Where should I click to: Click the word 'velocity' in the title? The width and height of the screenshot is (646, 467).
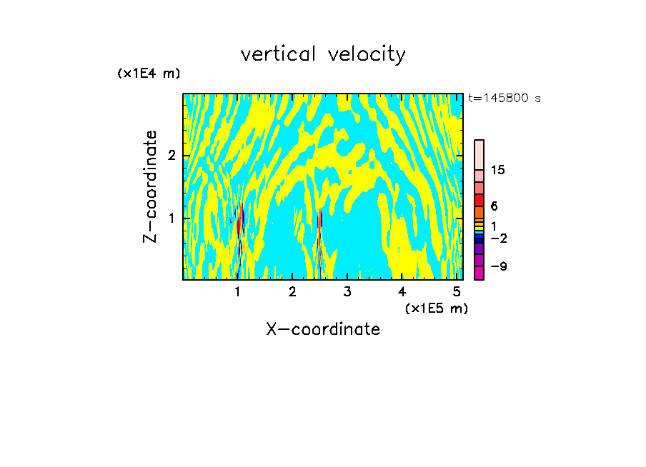pyautogui.click(x=367, y=54)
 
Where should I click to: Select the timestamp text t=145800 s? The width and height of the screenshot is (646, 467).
pyautogui.click(x=505, y=98)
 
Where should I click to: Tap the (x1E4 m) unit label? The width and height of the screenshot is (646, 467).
pyautogui.click(x=149, y=74)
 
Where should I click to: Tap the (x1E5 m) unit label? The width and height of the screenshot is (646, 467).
pyautogui.click(x=436, y=308)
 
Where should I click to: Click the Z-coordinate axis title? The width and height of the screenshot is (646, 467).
pyautogui.click(x=150, y=186)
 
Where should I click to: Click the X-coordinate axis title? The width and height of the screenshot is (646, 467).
pyautogui.click(x=323, y=329)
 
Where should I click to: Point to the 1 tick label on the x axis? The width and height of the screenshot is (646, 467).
pyautogui.click(x=237, y=291)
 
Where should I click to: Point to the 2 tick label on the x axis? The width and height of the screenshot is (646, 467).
pyautogui.click(x=292, y=291)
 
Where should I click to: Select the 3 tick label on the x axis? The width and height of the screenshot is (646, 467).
pyautogui.click(x=347, y=291)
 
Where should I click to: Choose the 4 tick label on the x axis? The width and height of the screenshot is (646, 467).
pyautogui.click(x=402, y=291)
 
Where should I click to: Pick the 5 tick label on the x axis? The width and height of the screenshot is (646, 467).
pyautogui.click(x=457, y=291)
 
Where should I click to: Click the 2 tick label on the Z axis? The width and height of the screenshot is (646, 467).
pyautogui.click(x=172, y=156)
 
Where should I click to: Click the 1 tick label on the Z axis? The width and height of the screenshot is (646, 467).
pyautogui.click(x=172, y=218)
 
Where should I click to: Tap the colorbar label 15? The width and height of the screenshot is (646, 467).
pyautogui.click(x=498, y=170)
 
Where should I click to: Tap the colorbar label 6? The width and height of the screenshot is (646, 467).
pyautogui.click(x=494, y=206)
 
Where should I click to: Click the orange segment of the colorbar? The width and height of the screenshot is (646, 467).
pyautogui.click(x=479, y=212)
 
